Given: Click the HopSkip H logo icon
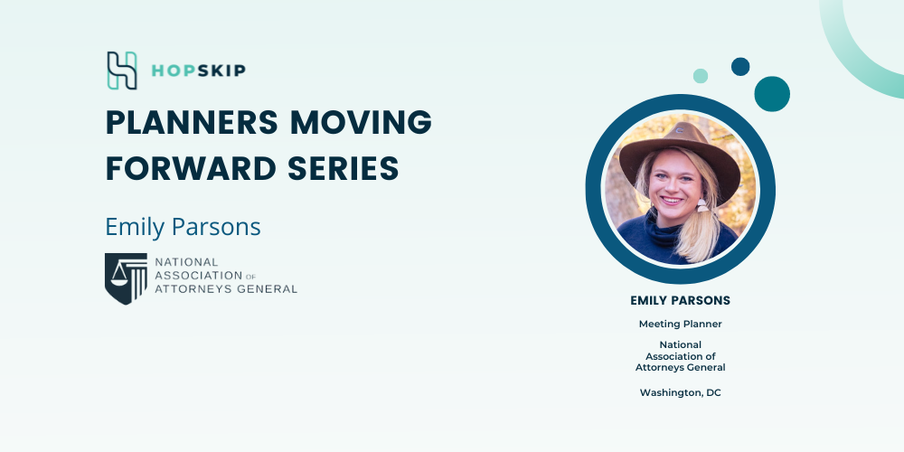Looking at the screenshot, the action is [x=122, y=71].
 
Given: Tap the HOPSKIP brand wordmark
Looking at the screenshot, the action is [x=198, y=71].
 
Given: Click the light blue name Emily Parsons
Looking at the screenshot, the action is [x=183, y=227].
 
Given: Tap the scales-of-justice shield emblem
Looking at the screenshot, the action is [x=126, y=278].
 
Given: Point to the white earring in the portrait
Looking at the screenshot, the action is [x=702, y=204].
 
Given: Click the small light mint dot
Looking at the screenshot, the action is [x=701, y=76].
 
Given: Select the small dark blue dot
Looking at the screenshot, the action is [x=740, y=66].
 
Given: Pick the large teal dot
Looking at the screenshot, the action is [x=772, y=94].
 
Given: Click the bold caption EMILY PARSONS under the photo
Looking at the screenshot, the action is [x=681, y=300].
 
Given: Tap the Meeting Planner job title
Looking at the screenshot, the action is [x=681, y=324].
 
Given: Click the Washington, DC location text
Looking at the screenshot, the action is [x=681, y=392].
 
